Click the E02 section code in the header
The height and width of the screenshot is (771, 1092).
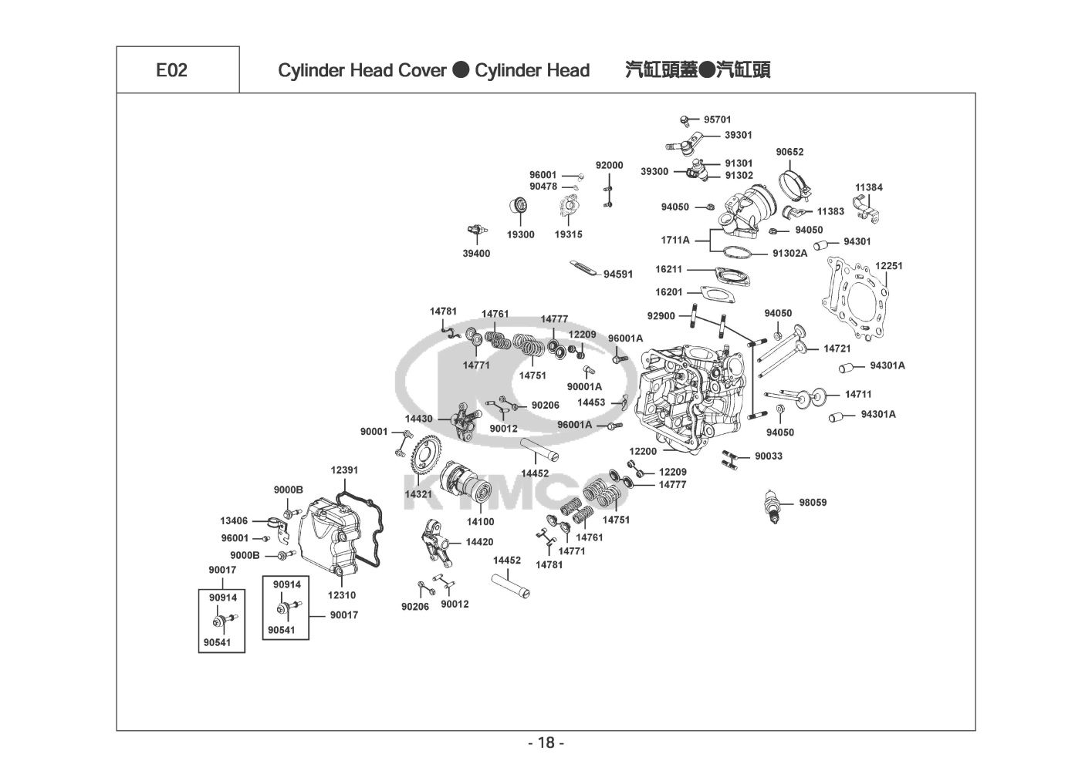click(x=171, y=70)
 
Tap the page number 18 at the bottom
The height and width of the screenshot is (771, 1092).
click(x=546, y=743)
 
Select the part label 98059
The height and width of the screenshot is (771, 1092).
click(x=813, y=503)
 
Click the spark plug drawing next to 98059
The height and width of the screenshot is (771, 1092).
click(x=772, y=505)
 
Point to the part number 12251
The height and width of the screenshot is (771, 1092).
click(x=888, y=266)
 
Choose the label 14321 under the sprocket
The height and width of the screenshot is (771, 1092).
click(x=418, y=493)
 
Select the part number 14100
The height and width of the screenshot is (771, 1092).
click(x=480, y=522)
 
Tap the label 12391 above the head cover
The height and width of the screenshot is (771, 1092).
click(x=344, y=470)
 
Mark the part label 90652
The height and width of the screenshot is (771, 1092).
click(x=789, y=152)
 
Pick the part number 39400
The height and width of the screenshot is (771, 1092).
click(x=476, y=254)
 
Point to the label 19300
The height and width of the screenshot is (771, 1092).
click(x=520, y=234)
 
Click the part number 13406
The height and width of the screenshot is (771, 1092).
click(x=234, y=521)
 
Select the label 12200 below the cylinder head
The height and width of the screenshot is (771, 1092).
click(x=643, y=451)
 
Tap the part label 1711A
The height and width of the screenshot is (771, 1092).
click(x=674, y=240)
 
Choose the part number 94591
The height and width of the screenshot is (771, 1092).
click(x=618, y=274)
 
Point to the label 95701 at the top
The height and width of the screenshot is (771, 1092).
click(x=717, y=120)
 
